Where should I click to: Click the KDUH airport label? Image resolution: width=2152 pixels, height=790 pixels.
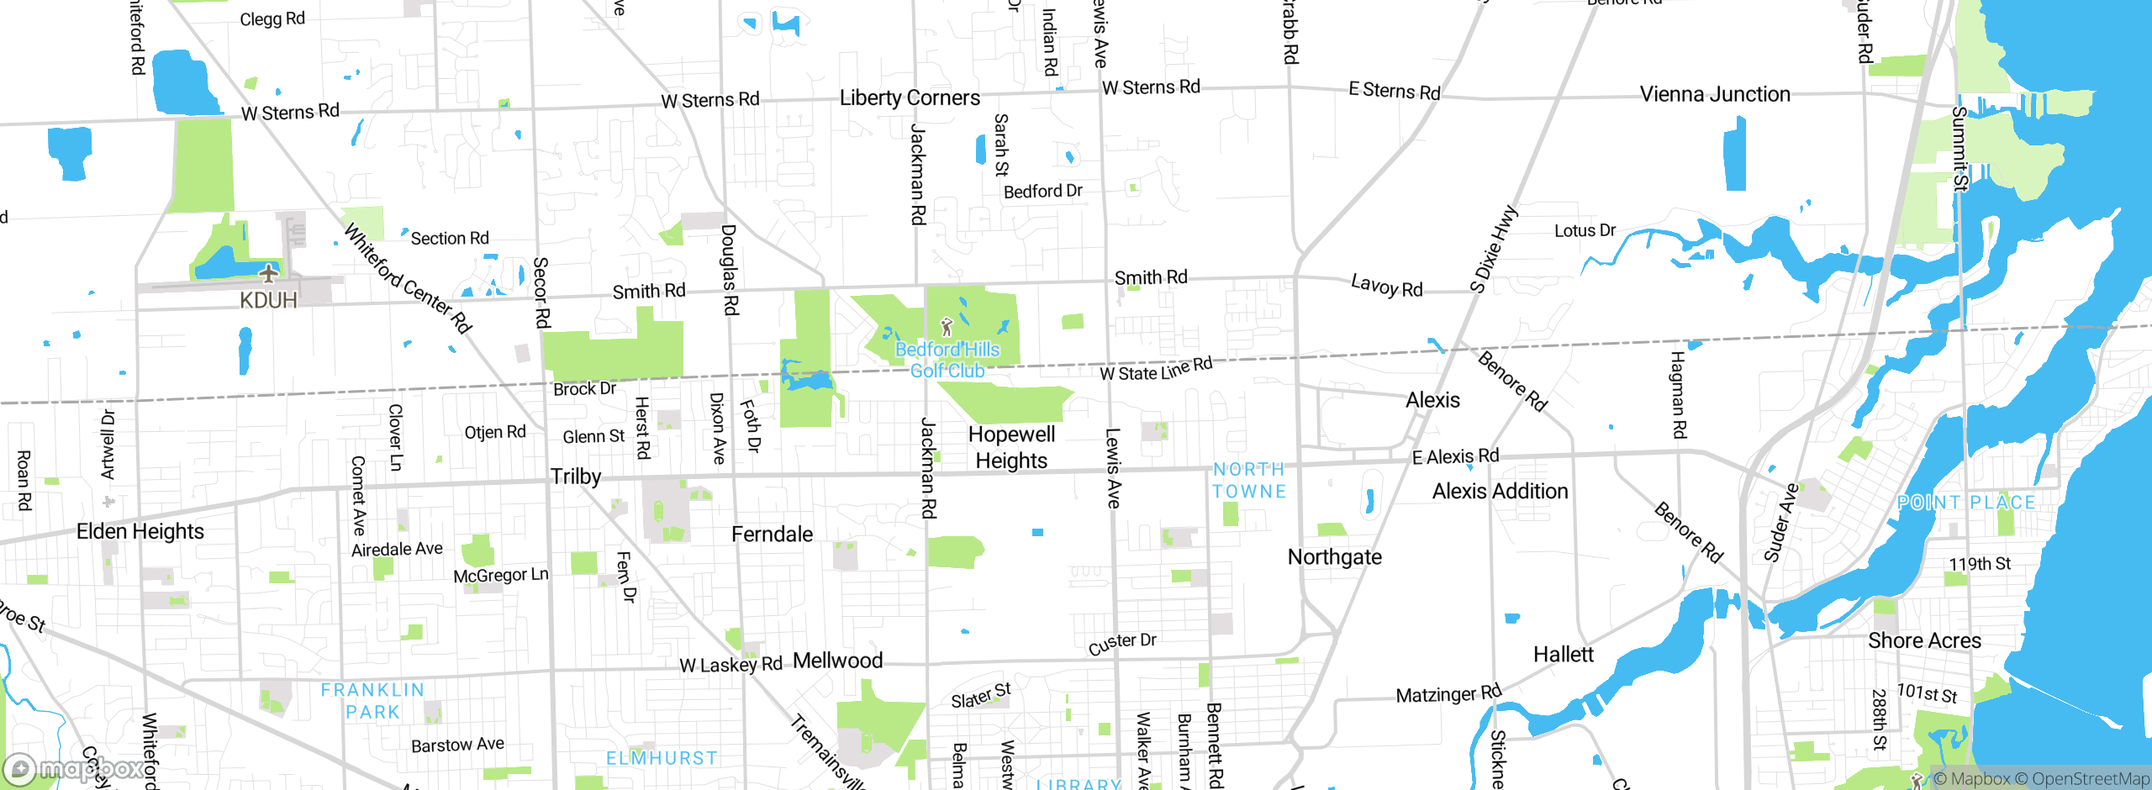click(268, 300)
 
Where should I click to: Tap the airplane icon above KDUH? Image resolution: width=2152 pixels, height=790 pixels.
click(268, 273)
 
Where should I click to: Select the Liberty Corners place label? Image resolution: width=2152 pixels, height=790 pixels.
click(910, 98)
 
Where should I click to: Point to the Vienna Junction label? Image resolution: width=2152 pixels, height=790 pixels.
click(1715, 94)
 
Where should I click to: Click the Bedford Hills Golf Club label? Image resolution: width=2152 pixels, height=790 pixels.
click(947, 361)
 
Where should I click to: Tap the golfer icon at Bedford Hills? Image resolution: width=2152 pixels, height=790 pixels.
click(947, 325)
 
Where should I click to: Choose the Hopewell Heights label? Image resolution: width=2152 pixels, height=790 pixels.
click(1011, 447)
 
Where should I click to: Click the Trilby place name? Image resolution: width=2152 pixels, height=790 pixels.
click(576, 477)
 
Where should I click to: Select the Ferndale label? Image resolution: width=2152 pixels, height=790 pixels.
click(772, 535)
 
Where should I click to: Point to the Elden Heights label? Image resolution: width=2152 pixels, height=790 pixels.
click(140, 531)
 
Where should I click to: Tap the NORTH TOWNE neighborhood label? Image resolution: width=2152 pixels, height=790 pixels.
click(1249, 481)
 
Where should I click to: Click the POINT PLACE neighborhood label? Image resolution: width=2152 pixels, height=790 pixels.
click(1966, 503)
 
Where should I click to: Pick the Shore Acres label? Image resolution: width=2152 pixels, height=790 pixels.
click(1924, 640)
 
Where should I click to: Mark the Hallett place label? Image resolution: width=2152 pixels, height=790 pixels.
click(1563, 655)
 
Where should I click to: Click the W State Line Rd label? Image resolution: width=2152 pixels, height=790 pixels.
click(1156, 369)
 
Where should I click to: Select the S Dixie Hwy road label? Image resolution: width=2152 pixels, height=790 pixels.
click(1493, 249)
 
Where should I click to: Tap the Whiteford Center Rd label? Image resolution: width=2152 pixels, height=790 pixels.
click(408, 279)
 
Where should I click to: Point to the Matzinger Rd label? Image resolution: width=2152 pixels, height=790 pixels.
click(1448, 694)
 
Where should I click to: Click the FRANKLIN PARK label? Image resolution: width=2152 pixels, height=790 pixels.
click(372, 701)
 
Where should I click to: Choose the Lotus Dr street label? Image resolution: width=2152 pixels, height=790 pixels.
click(1585, 230)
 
